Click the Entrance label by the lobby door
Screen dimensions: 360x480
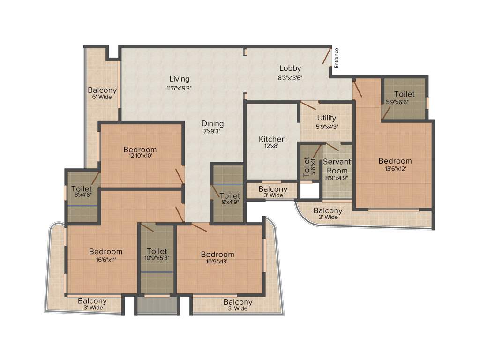pyautogui.click(x=336, y=59)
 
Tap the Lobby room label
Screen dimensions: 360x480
pyautogui.click(x=290, y=68)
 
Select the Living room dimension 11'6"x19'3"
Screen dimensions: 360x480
pyautogui.click(x=179, y=88)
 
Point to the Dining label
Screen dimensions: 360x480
pyautogui.click(x=212, y=124)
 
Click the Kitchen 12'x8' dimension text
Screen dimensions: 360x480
pyautogui.click(x=272, y=147)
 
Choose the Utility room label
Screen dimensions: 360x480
pyautogui.click(x=326, y=118)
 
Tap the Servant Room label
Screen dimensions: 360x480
pyautogui.click(x=337, y=166)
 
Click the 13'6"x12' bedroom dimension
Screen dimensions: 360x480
pyautogui.click(x=395, y=169)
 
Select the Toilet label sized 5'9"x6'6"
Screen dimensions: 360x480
pyautogui.click(x=404, y=94)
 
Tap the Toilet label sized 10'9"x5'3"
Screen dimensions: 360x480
pyautogui.click(x=157, y=251)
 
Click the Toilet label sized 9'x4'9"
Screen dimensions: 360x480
pyautogui.click(x=230, y=196)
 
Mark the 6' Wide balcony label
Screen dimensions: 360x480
pyautogui.click(x=102, y=97)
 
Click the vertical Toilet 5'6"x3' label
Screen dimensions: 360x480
pyautogui.click(x=307, y=167)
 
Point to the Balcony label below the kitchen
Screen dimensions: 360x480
pyautogui.click(x=273, y=189)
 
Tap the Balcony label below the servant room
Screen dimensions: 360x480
pyautogui.click(x=328, y=211)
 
